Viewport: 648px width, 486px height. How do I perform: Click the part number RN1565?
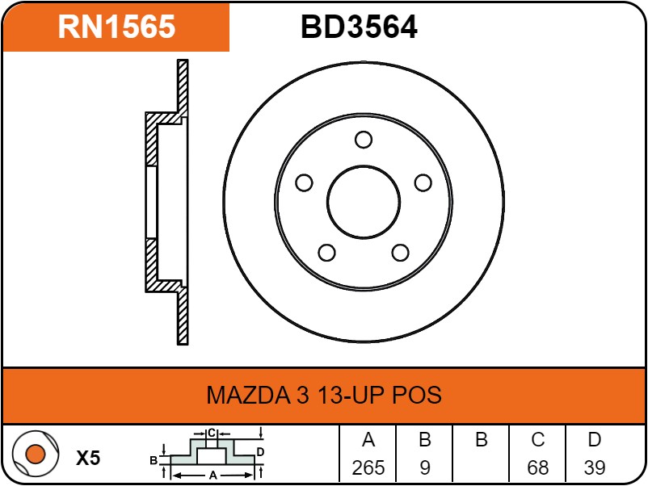(x=116, y=27)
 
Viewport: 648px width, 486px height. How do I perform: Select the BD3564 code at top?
(x=359, y=27)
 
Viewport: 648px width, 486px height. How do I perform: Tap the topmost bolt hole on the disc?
(x=364, y=140)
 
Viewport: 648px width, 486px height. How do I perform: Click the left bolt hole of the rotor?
(x=304, y=183)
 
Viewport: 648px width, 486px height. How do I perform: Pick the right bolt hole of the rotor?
(x=423, y=183)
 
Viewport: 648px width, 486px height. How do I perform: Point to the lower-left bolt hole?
(x=326, y=253)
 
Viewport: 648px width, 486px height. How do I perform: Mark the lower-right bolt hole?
(x=400, y=253)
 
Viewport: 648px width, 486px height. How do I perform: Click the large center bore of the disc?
(x=364, y=202)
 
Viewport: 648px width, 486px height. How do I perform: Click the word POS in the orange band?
(x=417, y=396)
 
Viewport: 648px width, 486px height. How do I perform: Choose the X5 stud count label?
(x=88, y=459)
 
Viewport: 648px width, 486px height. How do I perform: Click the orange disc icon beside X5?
(x=34, y=455)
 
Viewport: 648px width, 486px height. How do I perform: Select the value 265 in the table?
(x=368, y=467)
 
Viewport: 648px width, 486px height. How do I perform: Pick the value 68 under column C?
(x=537, y=467)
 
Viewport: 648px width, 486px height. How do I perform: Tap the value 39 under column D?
(x=595, y=467)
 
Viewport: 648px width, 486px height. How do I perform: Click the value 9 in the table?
(x=424, y=467)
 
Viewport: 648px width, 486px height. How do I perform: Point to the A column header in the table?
(x=368, y=440)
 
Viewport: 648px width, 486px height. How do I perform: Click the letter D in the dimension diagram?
(x=260, y=450)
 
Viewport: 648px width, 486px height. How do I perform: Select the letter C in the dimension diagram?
(x=211, y=433)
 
